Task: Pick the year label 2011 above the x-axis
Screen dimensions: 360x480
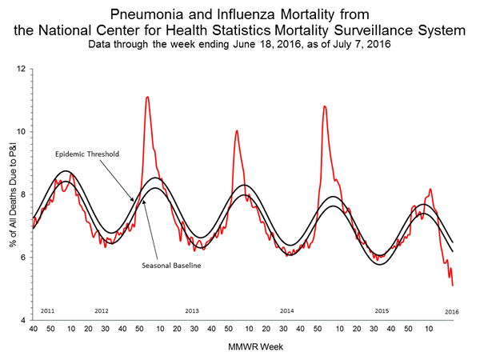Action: [x=48, y=310]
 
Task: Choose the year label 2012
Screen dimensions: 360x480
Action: [x=102, y=310]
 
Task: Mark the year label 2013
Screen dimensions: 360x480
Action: [x=192, y=310]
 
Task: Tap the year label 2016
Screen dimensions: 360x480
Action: [x=452, y=310]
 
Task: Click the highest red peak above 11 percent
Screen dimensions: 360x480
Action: [x=147, y=97]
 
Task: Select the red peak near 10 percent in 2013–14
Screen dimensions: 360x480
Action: [x=236, y=130]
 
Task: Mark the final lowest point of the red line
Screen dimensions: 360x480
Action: [x=453, y=286]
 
